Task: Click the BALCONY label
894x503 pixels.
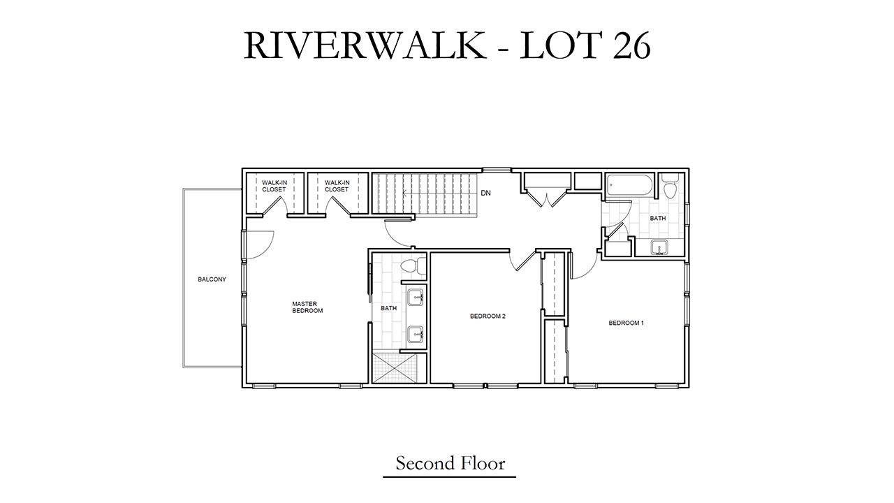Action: pos(212,279)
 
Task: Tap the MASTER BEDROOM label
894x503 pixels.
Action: pos(307,307)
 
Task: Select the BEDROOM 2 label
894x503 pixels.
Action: pos(488,316)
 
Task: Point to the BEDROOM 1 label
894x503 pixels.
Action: pos(626,323)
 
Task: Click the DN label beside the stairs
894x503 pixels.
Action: pos(485,194)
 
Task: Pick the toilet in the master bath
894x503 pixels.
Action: pos(412,267)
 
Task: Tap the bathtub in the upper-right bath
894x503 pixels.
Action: pos(629,185)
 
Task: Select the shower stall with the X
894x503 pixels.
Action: pos(395,367)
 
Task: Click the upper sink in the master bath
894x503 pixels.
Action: pos(416,298)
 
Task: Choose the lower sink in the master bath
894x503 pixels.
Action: pos(416,335)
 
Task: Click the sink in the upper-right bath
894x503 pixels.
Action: pos(659,247)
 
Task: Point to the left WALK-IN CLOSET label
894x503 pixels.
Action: pos(274,186)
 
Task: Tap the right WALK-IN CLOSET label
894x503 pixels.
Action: pos(337,186)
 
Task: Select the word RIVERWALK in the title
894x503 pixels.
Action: pos(365,46)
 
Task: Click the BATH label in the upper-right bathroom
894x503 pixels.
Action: pos(658,219)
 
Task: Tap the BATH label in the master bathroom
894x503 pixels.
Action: pos(389,308)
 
